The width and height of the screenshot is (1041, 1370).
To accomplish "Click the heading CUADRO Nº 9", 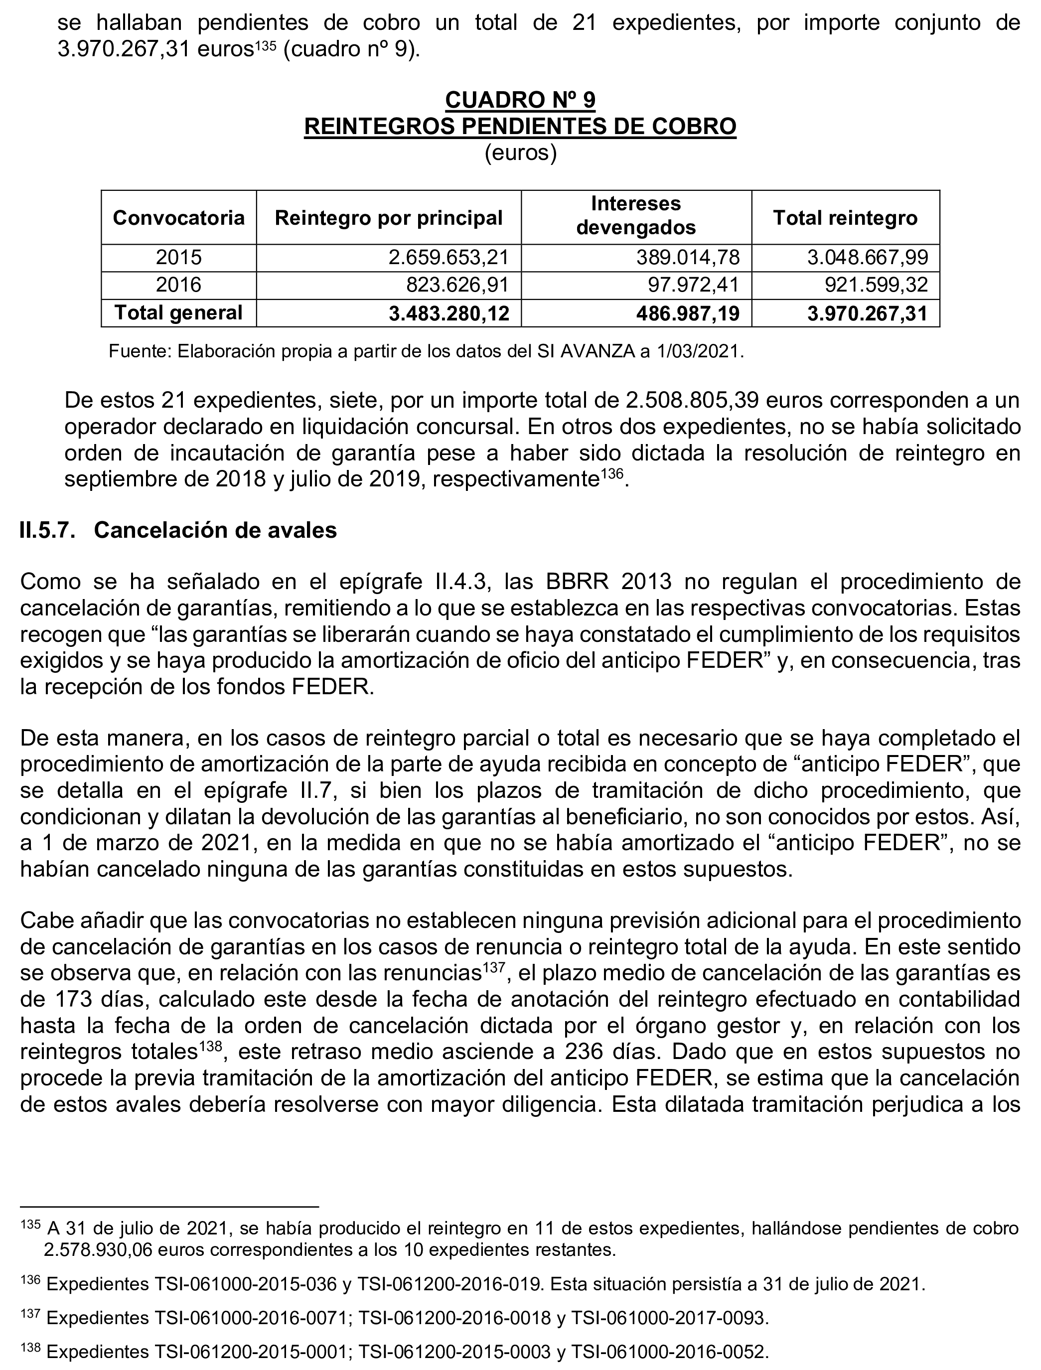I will tap(520, 99).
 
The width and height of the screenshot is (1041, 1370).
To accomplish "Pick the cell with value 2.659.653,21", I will tap(448, 257).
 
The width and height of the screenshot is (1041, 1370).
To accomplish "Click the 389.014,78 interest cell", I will tap(688, 257).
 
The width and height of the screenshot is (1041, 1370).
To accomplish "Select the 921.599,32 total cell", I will tap(876, 285).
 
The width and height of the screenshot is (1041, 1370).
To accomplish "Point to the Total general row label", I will tap(178, 313).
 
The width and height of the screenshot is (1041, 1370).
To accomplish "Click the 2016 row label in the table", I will tap(178, 285).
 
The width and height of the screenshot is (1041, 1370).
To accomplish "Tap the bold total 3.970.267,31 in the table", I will tap(868, 313).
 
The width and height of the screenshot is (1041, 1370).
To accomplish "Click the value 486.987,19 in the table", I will tap(688, 313).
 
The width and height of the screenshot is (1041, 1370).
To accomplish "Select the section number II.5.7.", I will tap(48, 530).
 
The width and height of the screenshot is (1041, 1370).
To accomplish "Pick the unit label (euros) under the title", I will tap(520, 152).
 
